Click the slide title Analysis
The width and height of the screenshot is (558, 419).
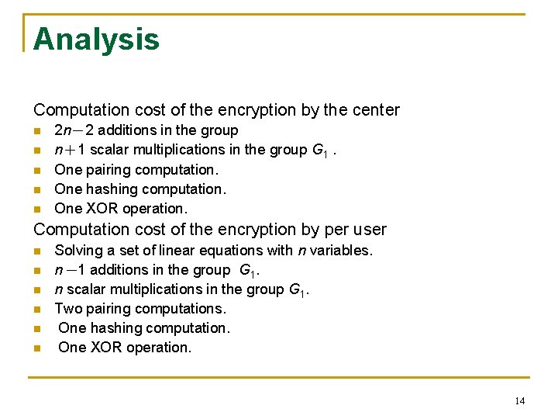[96, 39]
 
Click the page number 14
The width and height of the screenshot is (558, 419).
[519, 400]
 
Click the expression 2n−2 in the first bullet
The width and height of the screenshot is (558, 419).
[75, 130]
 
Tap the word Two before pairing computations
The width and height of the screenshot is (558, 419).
[68, 309]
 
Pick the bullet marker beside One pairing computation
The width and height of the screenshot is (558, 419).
[37, 170]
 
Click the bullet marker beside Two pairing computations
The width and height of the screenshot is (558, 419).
[37, 310]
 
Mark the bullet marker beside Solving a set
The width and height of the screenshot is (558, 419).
[37, 251]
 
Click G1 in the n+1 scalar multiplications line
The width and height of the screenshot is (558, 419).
[319, 151]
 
